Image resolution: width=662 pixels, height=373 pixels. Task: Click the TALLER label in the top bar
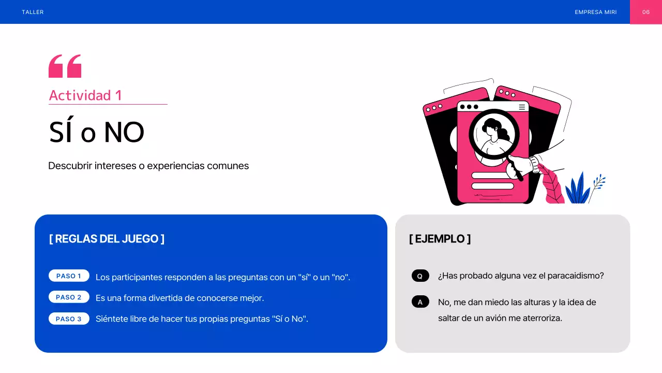click(x=33, y=12)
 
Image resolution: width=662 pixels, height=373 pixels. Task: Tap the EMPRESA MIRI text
click(x=595, y=12)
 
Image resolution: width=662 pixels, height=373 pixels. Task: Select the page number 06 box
click(x=645, y=12)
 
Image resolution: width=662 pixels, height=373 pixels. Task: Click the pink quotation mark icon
click(x=65, y=66)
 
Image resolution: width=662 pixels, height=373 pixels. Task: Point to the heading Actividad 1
click(x=85, y=95)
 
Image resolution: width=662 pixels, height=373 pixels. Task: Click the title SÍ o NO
click(x=96, y=133)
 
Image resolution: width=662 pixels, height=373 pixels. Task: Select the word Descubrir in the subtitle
click(x=70, y=166)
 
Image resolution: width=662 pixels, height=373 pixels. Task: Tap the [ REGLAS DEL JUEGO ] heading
click(x=107, y=239)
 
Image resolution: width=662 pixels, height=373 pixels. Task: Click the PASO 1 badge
click(x=69, y=276)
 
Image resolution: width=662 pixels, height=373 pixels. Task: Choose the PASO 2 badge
click(x=69, y=297)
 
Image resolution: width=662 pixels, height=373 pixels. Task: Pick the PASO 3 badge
click(x=69, y=319)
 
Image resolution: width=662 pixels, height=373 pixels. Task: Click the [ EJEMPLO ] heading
click(x=440, y=239)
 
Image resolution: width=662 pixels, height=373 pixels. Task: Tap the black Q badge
click(x=420, y=276)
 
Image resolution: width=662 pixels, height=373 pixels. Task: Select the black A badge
click(x=420, y=302)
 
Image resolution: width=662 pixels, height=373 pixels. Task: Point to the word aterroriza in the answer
click(x=542, y=318)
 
